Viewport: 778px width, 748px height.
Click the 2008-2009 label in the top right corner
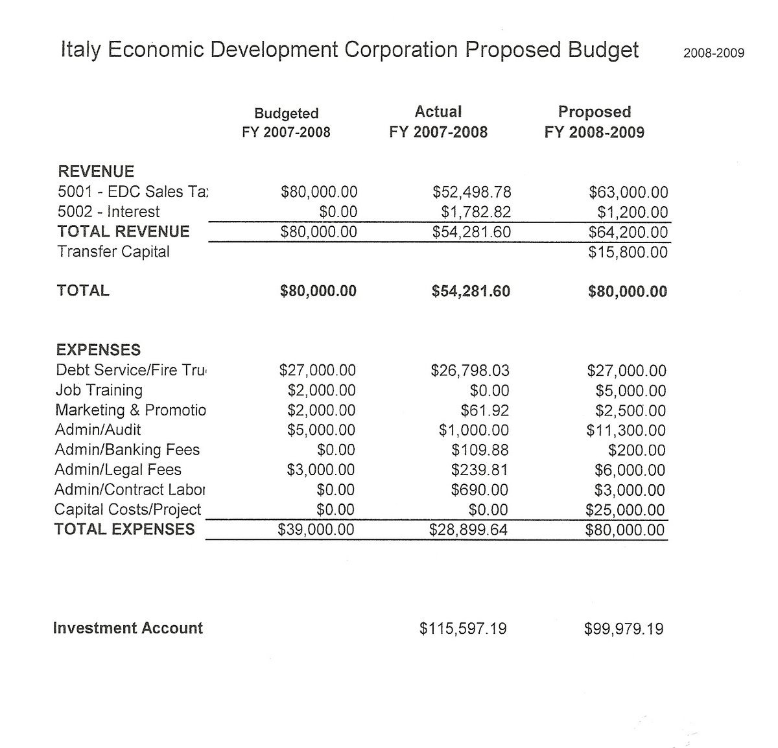click(713, 53)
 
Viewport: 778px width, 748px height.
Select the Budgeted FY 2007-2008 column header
click(286, 123)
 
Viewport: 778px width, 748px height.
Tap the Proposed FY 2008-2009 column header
click(595, 122)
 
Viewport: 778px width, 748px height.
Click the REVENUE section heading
click(96, 172)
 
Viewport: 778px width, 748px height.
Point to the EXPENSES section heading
click(98, 350)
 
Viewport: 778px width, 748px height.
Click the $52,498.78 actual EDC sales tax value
click(471, 193)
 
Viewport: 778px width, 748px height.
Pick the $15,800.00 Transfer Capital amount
click(628, 252)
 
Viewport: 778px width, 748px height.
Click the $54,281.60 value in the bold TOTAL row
click(471, 292)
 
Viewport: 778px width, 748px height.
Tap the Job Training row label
click(99, 390)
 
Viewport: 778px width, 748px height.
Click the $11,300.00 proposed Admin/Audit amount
click(626, 430)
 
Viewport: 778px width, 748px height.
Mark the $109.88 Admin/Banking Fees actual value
click(480, 450)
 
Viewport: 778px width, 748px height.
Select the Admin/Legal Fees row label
click(118, 470)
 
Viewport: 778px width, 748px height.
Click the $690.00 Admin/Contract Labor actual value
click(479, 490)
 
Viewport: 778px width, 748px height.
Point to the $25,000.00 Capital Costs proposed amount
click(625, 510)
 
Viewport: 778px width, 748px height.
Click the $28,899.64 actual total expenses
click(468, 530)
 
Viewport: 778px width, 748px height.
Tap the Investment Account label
click(128, 628)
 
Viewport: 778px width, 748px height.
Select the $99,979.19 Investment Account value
click(623, 629)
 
